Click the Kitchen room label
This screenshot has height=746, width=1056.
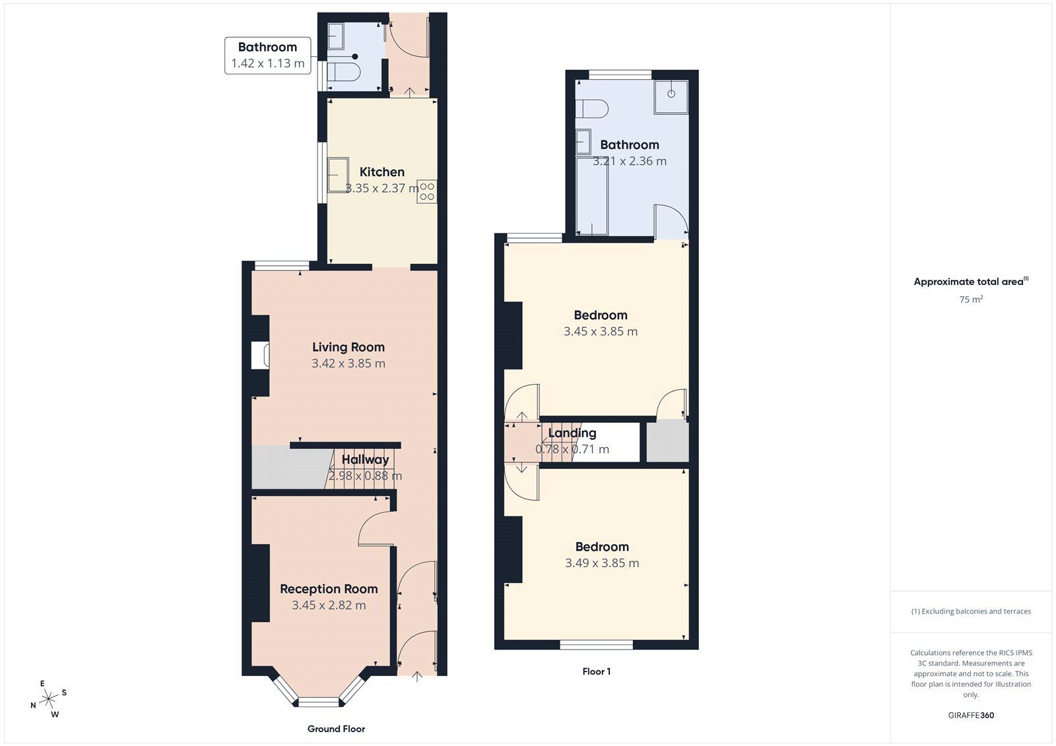[381, 172]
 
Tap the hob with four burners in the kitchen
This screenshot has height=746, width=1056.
[427, 191]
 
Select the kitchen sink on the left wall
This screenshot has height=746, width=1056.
[338, 175]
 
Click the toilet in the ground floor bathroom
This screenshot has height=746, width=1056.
[343, 71]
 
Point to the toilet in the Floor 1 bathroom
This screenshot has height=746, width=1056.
[591, 109]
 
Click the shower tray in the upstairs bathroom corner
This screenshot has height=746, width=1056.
[671, 96]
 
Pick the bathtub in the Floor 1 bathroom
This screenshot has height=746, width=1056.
[591, 195]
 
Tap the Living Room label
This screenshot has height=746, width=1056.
[348, 347]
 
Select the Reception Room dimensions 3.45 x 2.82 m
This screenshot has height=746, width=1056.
[329, 605]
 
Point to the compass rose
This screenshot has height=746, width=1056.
[49, 699]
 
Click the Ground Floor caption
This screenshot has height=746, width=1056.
[336, 729]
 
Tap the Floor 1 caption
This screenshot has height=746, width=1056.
[596, 671]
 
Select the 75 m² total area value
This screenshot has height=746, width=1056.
[971, 299]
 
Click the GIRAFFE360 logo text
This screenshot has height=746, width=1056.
[971, 715]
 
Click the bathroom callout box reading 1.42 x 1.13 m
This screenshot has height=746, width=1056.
[267, 55]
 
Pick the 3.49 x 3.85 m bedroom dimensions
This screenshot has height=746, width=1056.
[602, 563]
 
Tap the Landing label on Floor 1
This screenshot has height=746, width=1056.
[572, 433]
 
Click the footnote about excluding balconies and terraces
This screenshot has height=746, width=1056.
[971, 611]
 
